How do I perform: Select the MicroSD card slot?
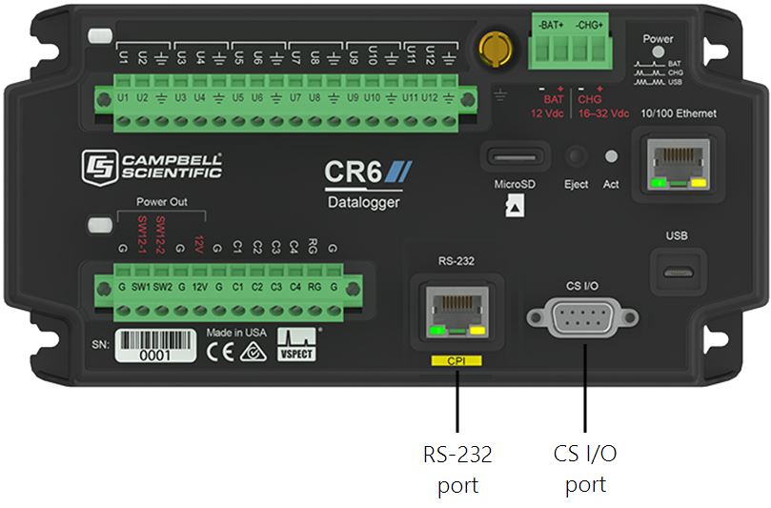516,156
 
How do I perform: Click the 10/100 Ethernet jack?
678,161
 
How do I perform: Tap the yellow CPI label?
457,361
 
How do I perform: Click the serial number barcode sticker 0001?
155,348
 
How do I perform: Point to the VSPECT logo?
295,344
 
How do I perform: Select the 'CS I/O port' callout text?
585,469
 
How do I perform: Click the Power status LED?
658,52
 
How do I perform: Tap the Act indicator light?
611,156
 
